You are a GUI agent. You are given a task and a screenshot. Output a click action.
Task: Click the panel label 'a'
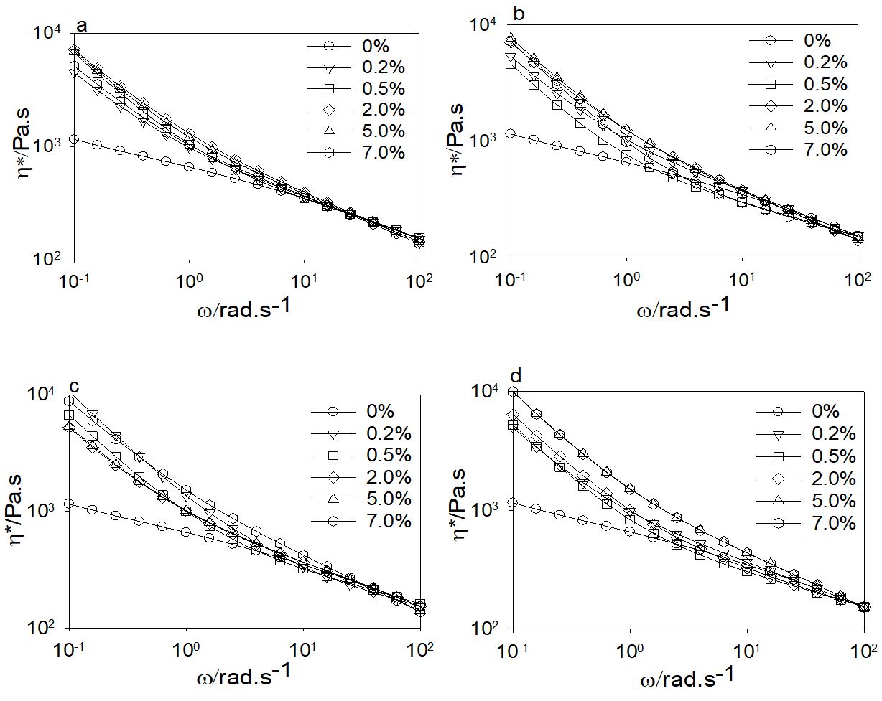(x=82, y=27)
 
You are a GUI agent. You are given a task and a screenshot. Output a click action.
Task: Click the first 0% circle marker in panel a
(x=73, y=138)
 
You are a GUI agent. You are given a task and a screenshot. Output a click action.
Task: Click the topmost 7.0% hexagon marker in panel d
(x=513, y=392)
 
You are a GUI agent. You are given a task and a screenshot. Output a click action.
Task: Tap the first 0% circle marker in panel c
(x=69, y=504)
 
